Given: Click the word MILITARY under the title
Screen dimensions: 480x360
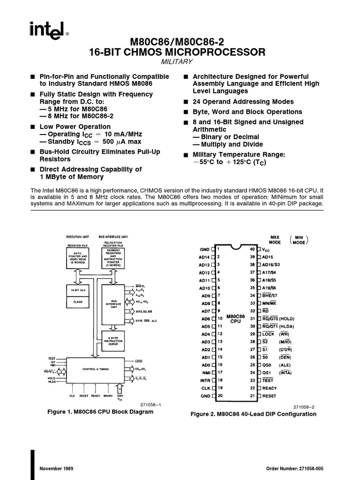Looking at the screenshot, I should pos(177,62).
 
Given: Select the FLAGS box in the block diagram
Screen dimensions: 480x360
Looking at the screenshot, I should pos(78,302).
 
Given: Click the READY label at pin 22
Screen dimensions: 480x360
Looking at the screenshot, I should pos(270,388).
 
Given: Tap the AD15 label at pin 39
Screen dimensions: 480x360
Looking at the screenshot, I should pos(267,257).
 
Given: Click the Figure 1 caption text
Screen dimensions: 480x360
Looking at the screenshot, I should pos(100,412).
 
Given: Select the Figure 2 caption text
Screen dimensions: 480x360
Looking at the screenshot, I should pos(253,414).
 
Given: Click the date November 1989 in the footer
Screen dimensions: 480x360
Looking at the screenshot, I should pos(56,469).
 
